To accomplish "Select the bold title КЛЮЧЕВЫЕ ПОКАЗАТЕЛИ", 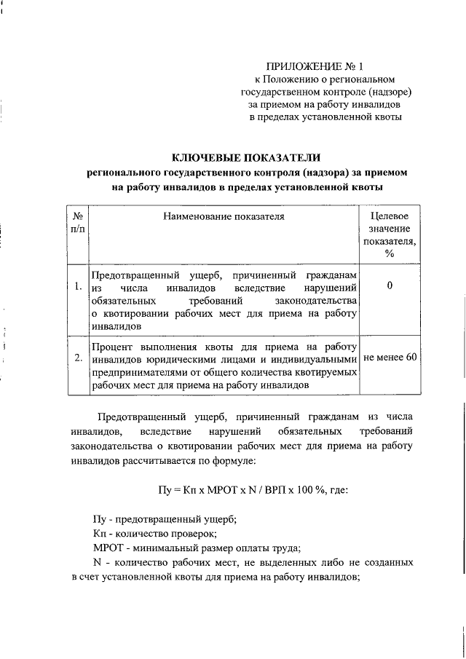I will click(245, 158).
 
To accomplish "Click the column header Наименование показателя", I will click(224, 216).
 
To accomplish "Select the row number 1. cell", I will click(77, 286).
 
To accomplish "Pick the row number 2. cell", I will click(77, 358).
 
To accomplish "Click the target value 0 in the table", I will click(390, 286).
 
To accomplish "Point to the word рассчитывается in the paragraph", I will click(164, 461).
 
